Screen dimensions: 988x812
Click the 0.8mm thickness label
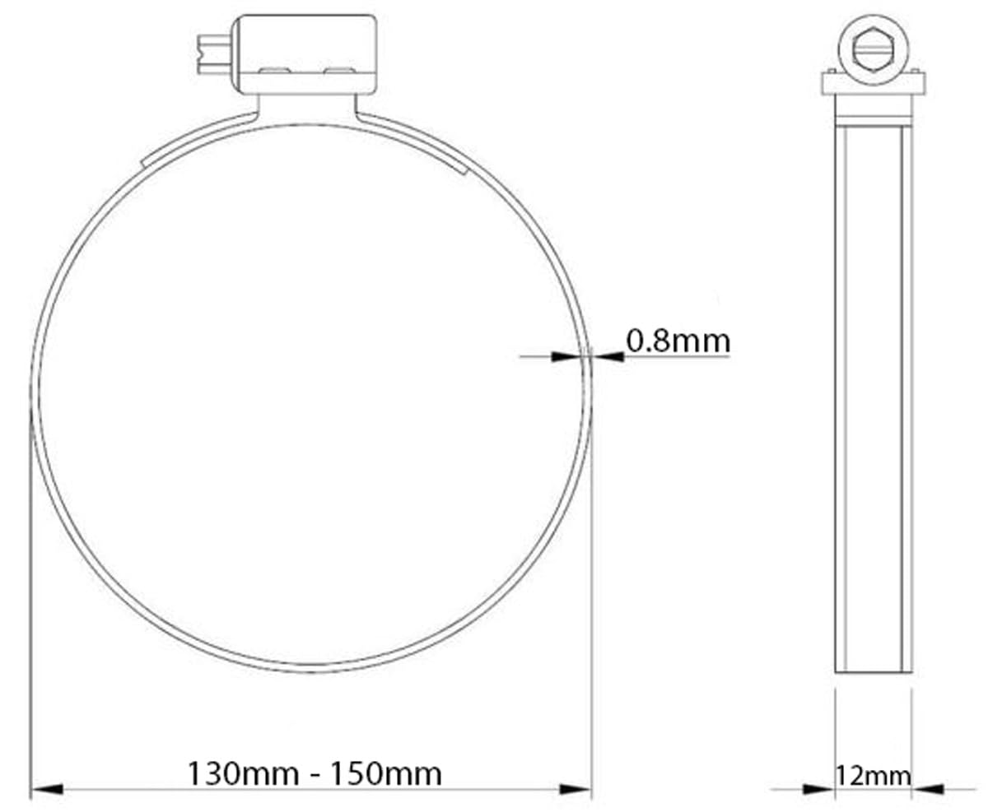[x=678, y=341]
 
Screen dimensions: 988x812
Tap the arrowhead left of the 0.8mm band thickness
[x=566, y=356]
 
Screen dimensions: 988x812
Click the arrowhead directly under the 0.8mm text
[x=609, y=356]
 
